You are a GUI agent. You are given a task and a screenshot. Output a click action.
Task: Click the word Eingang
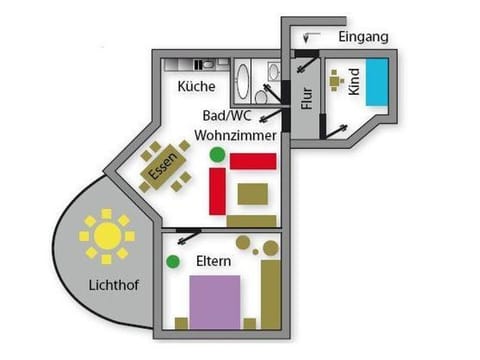(x=363, y=37)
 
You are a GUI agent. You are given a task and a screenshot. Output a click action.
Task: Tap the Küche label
(x=197, y=87)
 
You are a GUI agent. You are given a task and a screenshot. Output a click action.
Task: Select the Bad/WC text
(x=225, y=114)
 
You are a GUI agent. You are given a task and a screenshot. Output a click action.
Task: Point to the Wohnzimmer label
(x=235, y=134)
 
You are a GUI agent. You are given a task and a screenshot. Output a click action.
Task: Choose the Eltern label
(x=214, y=262)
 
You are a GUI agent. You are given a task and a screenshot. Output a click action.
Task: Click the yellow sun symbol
(x=106, y=237)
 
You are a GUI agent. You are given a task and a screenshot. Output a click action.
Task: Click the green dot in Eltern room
(x=173, y=262)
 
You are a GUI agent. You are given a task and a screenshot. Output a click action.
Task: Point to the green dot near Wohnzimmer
(x=217, y=155)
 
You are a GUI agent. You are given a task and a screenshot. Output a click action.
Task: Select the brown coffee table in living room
(x=254, y=193)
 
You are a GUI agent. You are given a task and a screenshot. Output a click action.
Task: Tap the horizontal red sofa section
(x=253, y=161)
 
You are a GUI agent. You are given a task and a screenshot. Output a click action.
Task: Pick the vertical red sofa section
(x=217, y=191)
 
